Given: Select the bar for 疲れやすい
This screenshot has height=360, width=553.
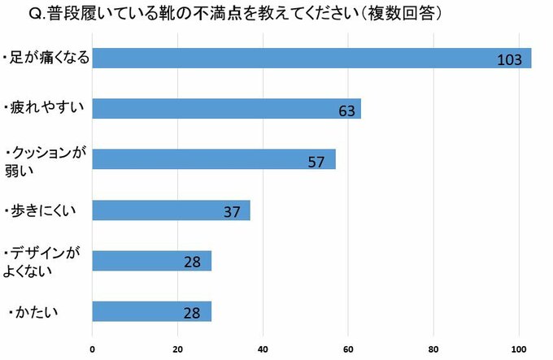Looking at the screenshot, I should pyautogui.click(x=226, y=109).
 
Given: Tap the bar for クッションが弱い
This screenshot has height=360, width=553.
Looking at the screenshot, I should pyautogui.click(x=213, y=159).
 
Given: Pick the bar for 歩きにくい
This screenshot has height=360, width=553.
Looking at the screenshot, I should pyautogui.click(x=171, y=210).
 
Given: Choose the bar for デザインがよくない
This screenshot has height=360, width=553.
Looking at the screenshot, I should pyautogui.click(x=151, y=261).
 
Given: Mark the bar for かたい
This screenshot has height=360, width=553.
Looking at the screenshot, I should pyautogui.click(x=151, y=311).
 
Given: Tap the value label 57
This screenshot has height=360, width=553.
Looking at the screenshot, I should pyautogui.click(x=316, y=161).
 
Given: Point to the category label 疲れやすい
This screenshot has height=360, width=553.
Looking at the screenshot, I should pyautogui.click(x=42, y=108).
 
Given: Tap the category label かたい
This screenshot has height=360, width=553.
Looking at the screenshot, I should pyautogui.click(x=32, y=311).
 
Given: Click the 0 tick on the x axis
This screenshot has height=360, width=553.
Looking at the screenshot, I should pyautogui.click(x=93, y=349).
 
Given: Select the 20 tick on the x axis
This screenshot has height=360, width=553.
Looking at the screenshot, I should pyautogui.click(x=178, y=349).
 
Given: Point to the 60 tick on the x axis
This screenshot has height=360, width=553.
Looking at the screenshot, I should pyautogui.click(x=348, y=349).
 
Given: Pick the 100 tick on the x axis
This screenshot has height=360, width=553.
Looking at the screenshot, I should pyautogui.click(x=518, y=349).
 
